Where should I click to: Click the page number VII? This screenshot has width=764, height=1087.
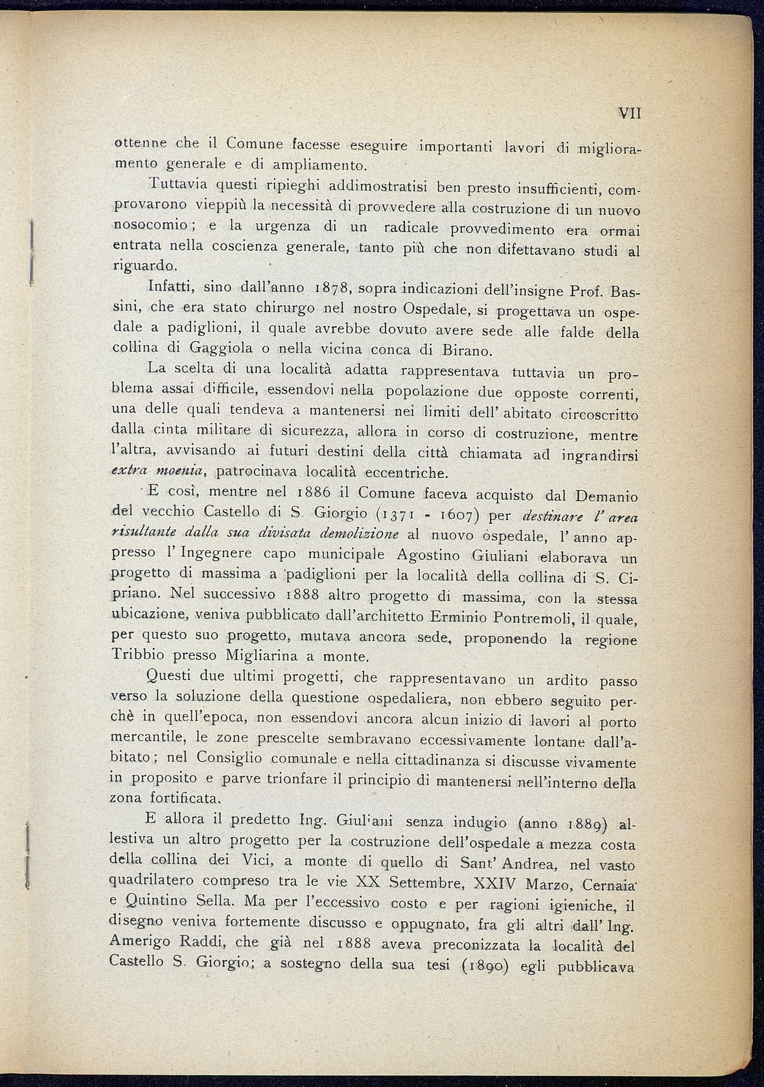tap(629, 113)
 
